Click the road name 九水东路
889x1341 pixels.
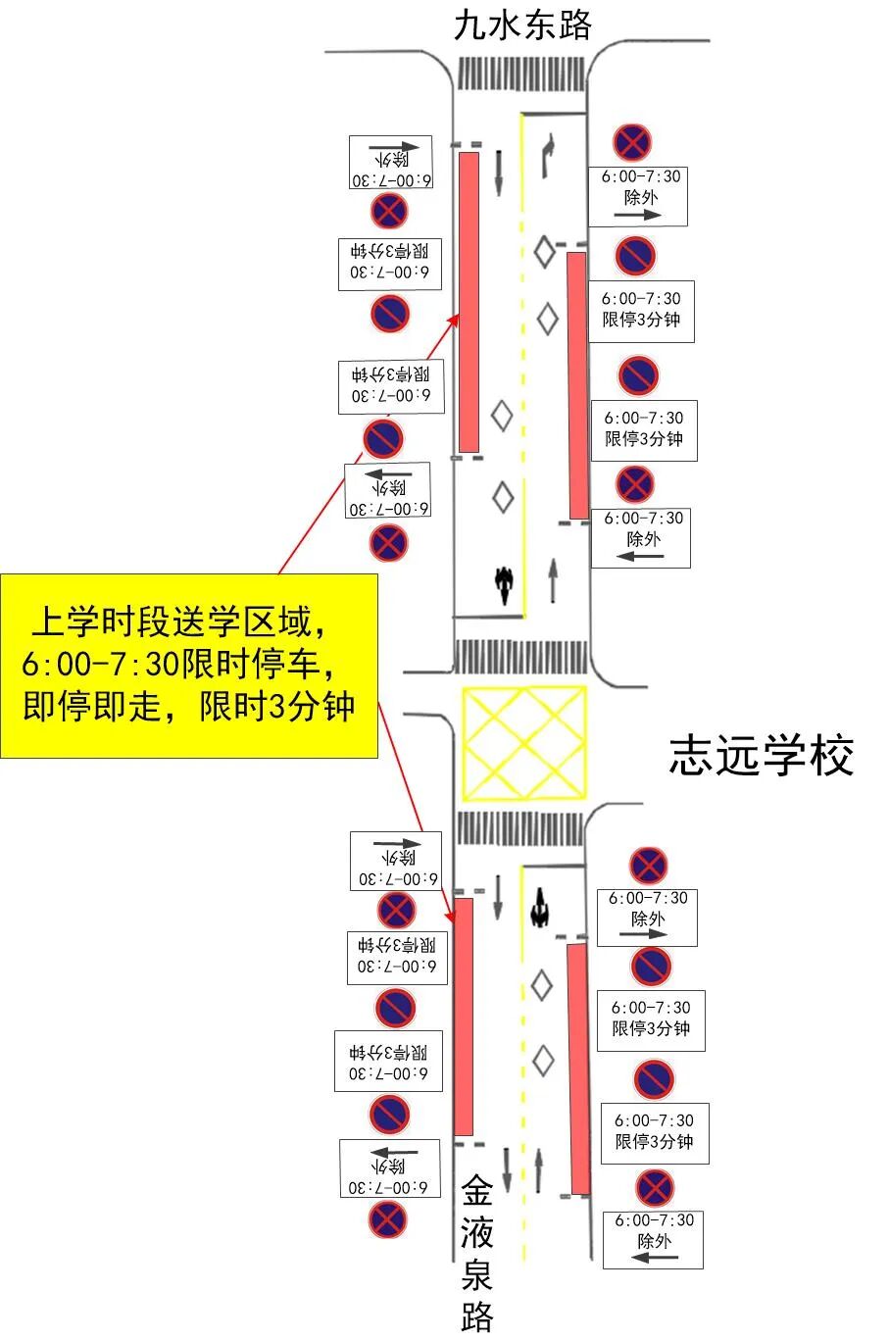(522, 26)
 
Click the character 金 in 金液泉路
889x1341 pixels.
(477, 1193)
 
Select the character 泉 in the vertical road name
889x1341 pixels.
(477, 1274)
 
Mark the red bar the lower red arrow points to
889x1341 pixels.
(464, 1015)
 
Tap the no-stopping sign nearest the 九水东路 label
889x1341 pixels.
(632, 143)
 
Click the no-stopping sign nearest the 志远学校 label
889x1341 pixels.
(648, 866)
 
